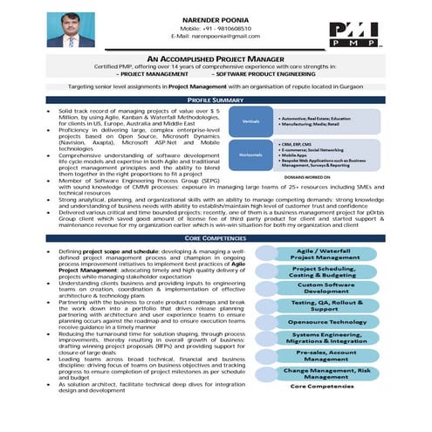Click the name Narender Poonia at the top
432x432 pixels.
pos(215,17)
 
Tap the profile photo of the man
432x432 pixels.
pos(71,29)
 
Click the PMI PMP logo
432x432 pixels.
pos(353,32)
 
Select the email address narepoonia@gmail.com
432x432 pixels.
pos(215,36)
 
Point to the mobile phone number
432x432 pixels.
pos(215,26)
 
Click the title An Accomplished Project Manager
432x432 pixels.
pos(215,57)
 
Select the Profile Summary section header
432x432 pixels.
pos(215,100)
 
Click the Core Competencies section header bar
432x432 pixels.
pos(215,237)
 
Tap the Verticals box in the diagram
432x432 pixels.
pos(251,121)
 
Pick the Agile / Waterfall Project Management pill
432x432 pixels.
pos(325,254)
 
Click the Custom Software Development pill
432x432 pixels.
pos(325,288)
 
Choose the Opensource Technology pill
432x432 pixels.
pos(325,321)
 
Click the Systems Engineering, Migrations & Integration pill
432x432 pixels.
pos(325,338)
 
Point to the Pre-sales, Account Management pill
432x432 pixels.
pos(325,354)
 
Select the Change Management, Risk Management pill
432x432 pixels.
pos(325,372)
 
